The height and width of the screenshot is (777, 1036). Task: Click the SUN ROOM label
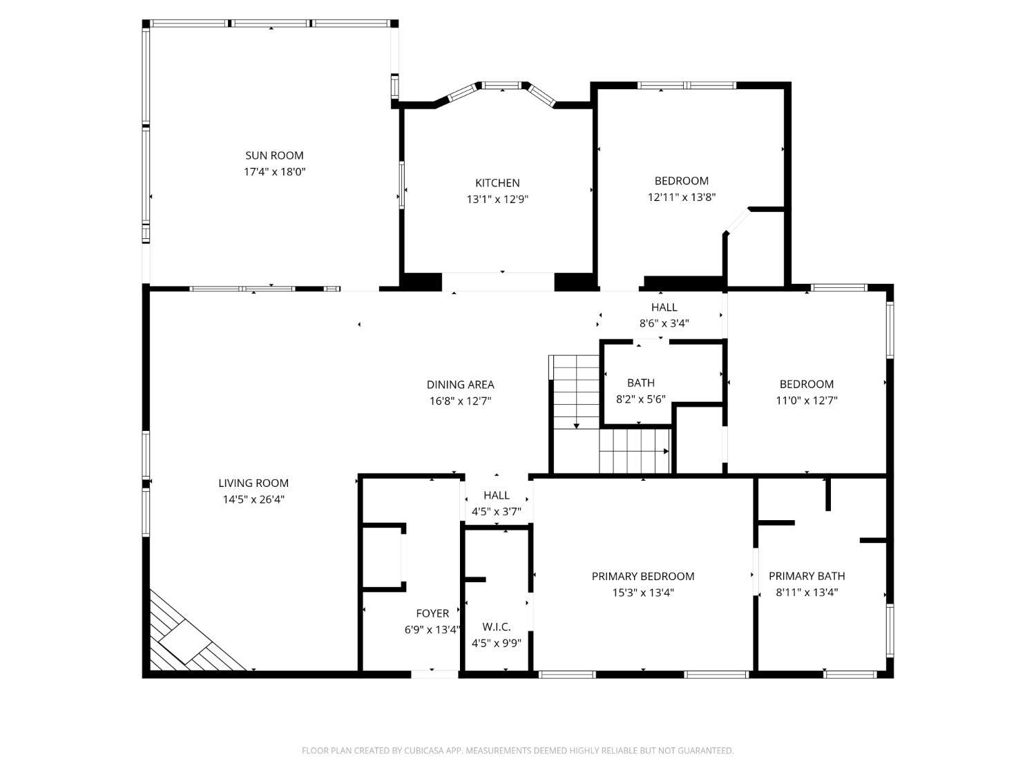(x=274, y=155)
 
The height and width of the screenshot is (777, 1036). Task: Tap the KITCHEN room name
(x=497, y=183)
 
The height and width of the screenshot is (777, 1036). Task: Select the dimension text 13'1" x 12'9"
(x=497, y=200)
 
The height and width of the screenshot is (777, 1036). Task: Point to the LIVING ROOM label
(x=253, y=483)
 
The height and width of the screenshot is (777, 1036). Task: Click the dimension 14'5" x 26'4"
(x=253, y=499)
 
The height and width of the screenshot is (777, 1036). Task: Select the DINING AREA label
(x=460, y=385)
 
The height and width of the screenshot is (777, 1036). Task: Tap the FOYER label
(x=432, y=613)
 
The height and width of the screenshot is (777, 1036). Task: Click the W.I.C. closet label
(x=496, y=627)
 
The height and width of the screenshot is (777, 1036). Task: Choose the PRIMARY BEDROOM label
(x=643, y=576)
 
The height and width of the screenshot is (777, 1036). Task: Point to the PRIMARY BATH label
(x=807, y=576)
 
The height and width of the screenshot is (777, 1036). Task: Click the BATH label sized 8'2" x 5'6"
(x=641, y=383)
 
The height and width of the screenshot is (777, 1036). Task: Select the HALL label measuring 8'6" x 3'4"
(x=664, y=307)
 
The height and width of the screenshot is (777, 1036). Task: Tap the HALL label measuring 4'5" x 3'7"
(x=496, y=495)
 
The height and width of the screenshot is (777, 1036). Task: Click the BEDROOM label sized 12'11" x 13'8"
(x=682, y=181)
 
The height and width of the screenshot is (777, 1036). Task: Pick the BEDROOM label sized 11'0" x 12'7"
(x=807, y=384)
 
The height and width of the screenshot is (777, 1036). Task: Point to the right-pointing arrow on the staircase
(x=666, y=451)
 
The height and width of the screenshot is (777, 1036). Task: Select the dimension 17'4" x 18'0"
(x=274, y=171)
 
